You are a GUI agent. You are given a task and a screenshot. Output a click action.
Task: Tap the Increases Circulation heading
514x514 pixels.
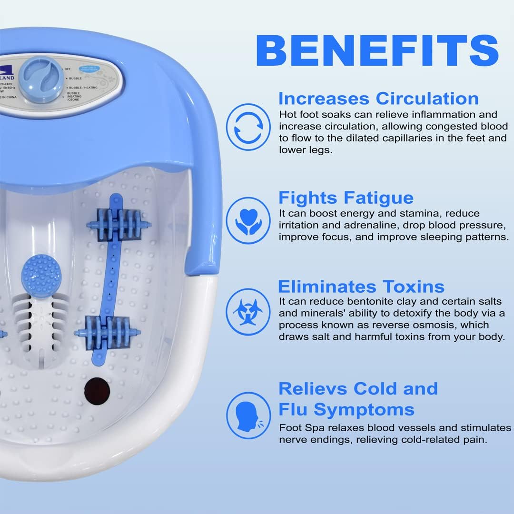378,99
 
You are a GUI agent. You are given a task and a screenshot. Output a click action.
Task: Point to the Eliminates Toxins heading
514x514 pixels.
361,287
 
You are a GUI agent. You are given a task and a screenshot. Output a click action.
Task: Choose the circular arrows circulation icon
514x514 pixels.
248,127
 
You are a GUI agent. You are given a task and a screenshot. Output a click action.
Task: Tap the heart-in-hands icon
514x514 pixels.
248,221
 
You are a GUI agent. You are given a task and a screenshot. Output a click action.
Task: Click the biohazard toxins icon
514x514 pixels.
248,312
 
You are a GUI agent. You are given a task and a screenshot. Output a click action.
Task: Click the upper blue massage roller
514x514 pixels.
119,224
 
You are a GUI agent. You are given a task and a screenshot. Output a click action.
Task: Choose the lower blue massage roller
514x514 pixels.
108,332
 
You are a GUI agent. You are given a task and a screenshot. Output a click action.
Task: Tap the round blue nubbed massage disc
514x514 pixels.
41,275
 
